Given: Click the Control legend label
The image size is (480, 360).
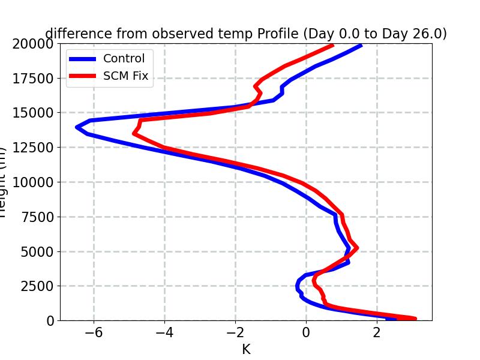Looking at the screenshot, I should pyautogui.click(x=124, y=59).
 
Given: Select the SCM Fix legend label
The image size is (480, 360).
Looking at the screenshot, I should pyautogui.click(x=125, y=76).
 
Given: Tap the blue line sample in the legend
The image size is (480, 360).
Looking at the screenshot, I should pyautogui.click(x=83, y=59).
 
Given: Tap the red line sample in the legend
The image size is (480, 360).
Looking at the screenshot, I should pyautogui.click(x=83, y=76).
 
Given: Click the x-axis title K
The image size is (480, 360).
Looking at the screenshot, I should pyautogui.click(x=246, y=349).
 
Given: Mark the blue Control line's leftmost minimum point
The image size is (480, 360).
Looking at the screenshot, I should pyautogui.click(x=77, y=127).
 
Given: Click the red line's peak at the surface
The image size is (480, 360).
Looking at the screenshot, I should pyautogui.click(x=415, y=319).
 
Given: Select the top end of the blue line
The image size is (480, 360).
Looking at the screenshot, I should pyautogui.click(x=361, y=45).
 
